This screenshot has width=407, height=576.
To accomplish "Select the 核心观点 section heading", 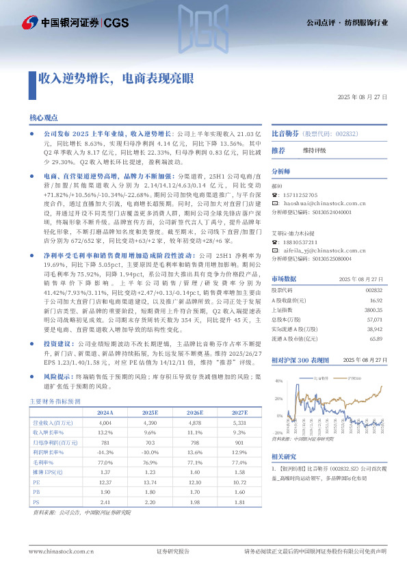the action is pos(43,118).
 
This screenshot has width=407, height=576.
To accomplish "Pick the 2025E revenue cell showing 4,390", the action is pos(150,423).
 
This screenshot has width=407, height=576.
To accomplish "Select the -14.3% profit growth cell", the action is pos(105,452).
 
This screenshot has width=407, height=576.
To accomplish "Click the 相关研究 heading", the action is pos(283,456).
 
